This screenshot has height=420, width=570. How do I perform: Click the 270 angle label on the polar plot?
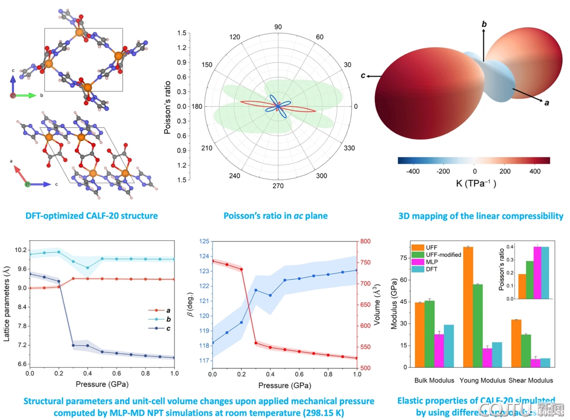(278, 186)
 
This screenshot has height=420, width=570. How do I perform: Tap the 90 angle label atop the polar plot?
(278, 27)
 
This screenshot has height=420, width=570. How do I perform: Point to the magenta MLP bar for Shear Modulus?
(521, 362)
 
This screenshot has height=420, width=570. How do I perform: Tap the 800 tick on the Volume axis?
(365, 241)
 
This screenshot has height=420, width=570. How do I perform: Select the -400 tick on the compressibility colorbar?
(413, 171)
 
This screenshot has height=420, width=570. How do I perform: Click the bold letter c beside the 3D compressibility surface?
(363, 76)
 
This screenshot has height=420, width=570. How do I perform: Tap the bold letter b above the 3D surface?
(484, 24)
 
